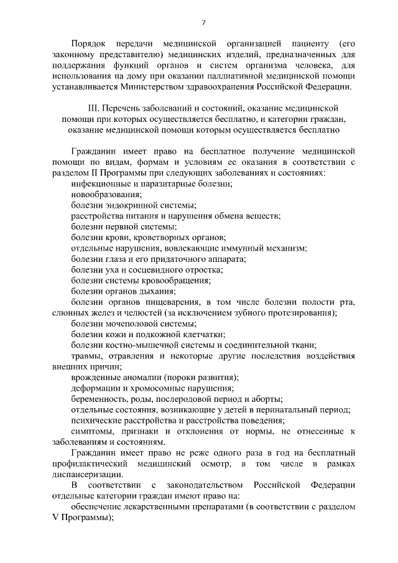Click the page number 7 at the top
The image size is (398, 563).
pyautogui.click(x=203, y=23)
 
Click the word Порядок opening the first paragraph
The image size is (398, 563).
pyautogui.click(x=89, y=45)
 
